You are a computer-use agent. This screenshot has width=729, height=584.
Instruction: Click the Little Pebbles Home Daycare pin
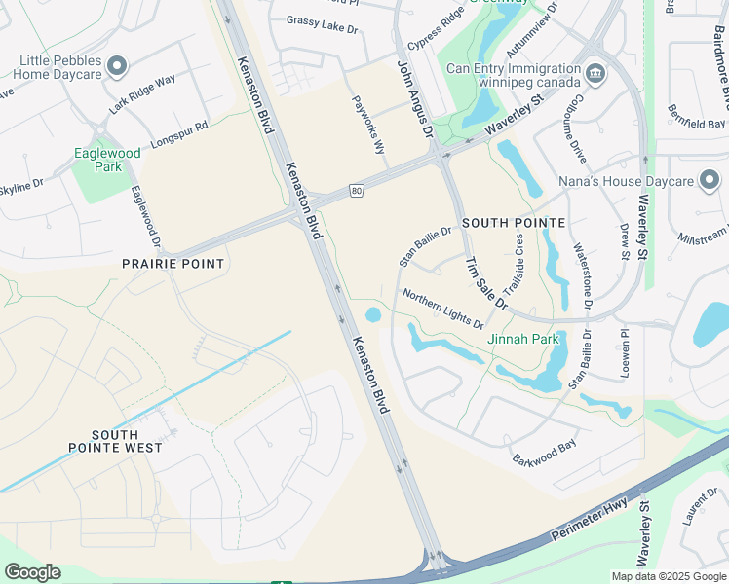coord(117,66)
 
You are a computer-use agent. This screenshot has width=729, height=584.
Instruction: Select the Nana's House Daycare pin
coord(710,180)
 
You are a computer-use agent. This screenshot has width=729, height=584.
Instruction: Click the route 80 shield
coord(358,191)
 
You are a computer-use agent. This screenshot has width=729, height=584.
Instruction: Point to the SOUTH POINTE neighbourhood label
coord(514,223)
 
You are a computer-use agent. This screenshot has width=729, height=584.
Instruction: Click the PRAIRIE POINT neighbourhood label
coord(173,264)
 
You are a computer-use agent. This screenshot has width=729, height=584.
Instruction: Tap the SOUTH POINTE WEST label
coord(115,441)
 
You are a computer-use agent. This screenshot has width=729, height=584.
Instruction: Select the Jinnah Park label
coord(523,340)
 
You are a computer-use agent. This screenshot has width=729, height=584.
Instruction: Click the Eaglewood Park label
coord(107,160)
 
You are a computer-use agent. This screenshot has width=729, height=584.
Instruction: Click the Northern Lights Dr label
coord(443,309)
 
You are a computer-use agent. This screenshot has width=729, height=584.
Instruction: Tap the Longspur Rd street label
coord(176,133)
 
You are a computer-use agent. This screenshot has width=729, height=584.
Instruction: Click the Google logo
coord(32,572)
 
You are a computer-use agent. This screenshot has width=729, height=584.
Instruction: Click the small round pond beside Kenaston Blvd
coord(372,314)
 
